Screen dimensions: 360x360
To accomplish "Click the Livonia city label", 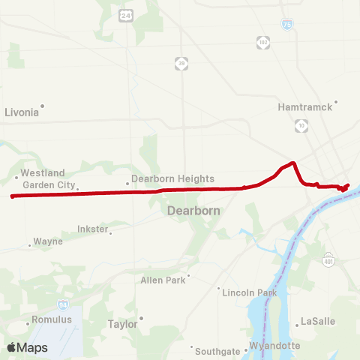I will pos(21,112).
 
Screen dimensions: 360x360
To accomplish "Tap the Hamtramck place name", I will pos(304,107).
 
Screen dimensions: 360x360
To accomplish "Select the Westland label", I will pos(43,172).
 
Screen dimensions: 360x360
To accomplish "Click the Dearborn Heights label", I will pos(172,179).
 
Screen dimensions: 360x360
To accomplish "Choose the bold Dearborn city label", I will pos(193,211).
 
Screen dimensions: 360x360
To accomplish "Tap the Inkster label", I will pos(93,229).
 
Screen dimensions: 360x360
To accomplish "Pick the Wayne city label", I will pos(49,242).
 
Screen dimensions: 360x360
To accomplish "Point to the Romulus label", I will pos(52,319).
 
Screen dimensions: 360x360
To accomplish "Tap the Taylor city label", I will pos(123,325).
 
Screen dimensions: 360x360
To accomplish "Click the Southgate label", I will pos(216,351).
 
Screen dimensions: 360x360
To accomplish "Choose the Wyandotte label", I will pos(274,346).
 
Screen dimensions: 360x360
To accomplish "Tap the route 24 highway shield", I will pos(125,14).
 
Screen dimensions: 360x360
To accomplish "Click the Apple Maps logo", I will pos(27,347).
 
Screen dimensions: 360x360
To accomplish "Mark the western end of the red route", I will pos(12,196).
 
